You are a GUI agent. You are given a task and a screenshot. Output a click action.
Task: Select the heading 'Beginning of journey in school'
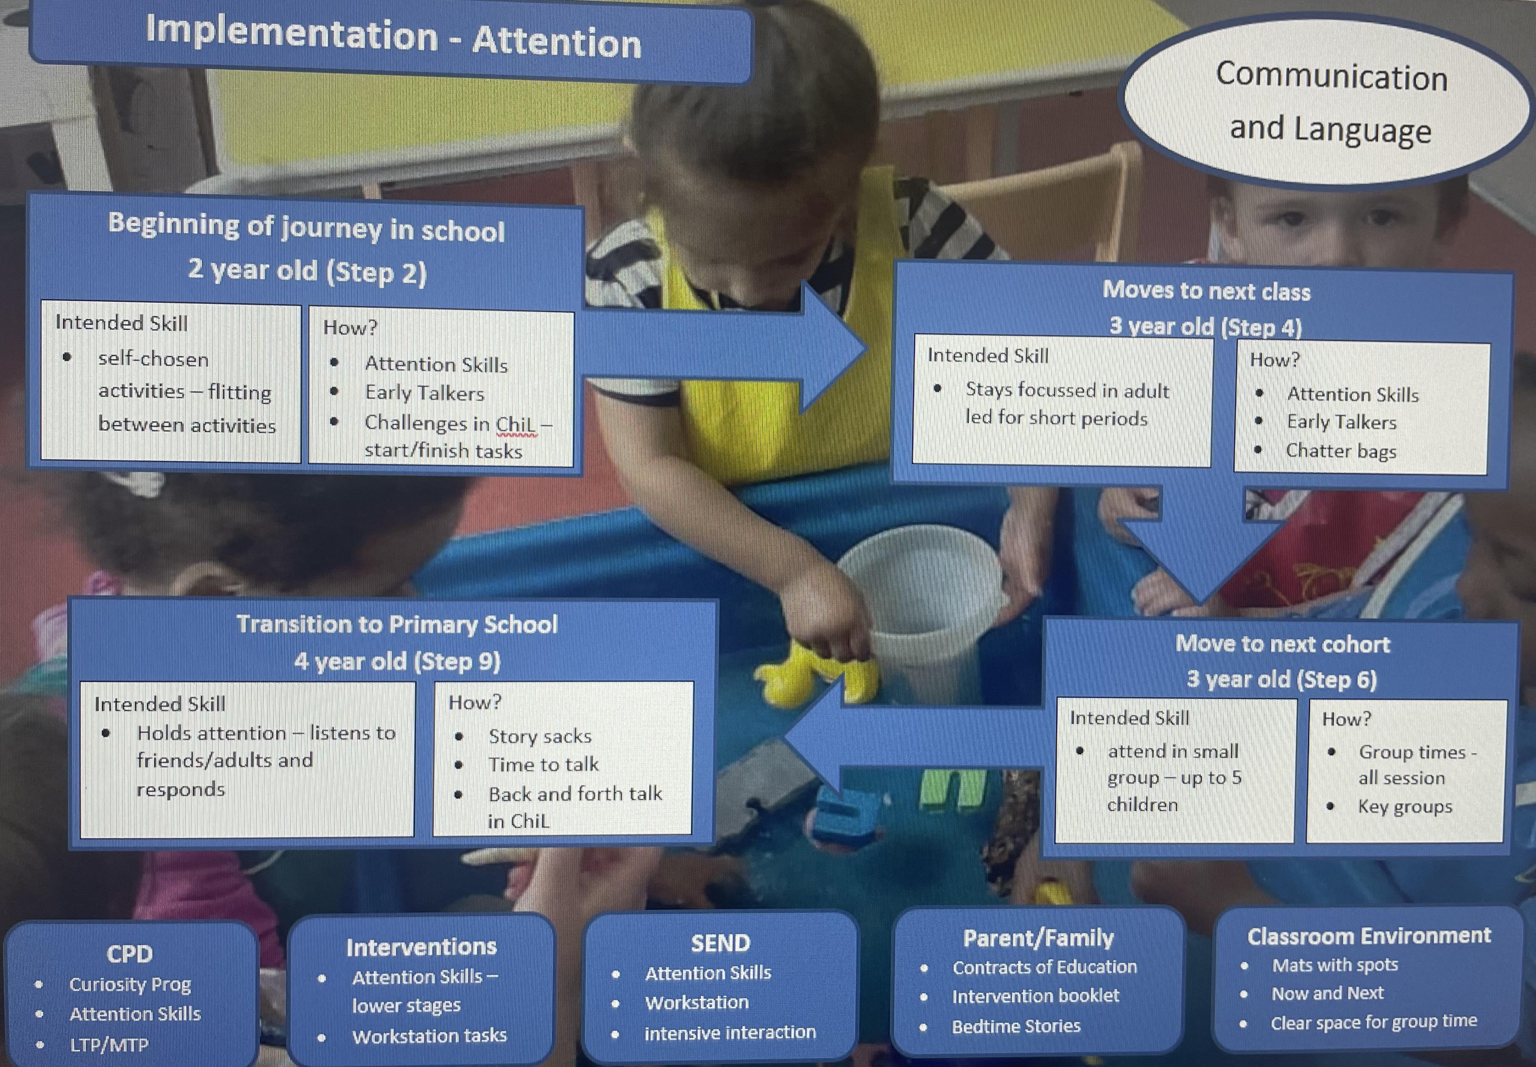(306, 227)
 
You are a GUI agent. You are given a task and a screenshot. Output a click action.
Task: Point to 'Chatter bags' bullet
(1341, 451)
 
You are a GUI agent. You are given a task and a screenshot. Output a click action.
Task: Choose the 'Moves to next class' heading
(1206, 291)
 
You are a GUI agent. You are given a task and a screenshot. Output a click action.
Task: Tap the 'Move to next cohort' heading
(1283, 644)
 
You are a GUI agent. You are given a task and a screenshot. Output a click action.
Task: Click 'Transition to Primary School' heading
(397, 624)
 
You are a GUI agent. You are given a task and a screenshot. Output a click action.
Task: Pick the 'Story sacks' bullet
(540, 736)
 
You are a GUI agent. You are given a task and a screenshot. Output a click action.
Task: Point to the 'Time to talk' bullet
(543, 764)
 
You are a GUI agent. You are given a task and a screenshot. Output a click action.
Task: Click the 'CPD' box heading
(130, 953)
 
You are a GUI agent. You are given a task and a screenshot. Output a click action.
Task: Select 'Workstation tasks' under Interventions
(429, 1036)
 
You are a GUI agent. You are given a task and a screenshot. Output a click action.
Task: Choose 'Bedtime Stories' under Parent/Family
(1016, 1026)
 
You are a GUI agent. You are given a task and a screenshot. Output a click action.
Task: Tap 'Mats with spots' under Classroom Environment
(1335, 965)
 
